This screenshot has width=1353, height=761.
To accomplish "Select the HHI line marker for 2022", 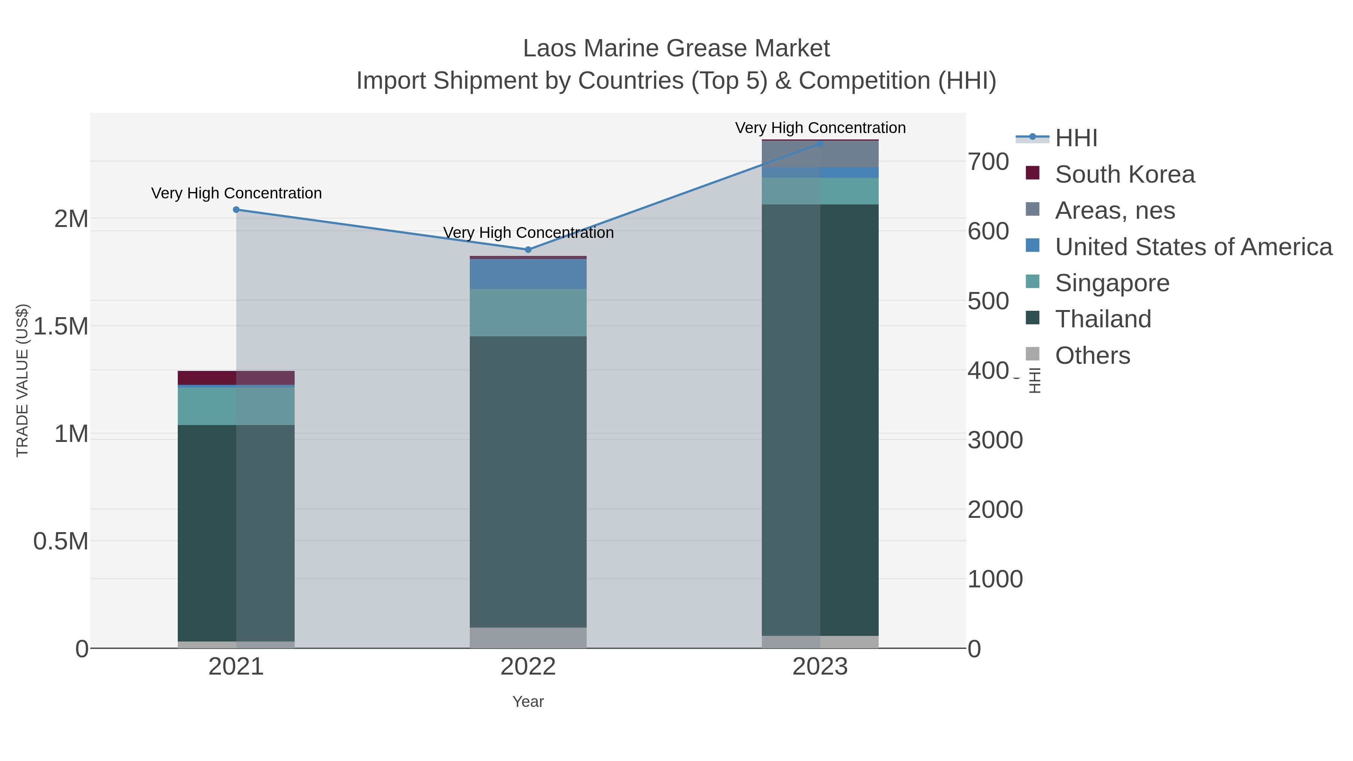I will point(528,250).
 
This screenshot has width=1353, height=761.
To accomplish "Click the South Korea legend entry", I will point(1124,174).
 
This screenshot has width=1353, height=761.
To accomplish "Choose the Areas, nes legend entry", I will point(1115,210).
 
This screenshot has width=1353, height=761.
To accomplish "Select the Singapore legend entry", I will point(1112,283).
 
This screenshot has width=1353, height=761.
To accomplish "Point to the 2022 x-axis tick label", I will point(528,667).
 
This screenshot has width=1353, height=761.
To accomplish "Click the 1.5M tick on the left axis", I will point(61,327).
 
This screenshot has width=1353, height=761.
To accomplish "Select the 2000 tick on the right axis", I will point(995,510).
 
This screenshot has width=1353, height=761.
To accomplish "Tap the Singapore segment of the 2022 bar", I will point(528,313).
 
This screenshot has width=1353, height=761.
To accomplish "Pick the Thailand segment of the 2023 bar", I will point(820,420).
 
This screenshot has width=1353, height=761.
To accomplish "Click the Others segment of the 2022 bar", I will point(528,638).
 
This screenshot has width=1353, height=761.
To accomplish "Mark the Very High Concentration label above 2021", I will point(236,193).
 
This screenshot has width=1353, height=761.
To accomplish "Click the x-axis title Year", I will point(528,702).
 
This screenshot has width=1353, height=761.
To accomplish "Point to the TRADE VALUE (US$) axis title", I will point(22,380).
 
